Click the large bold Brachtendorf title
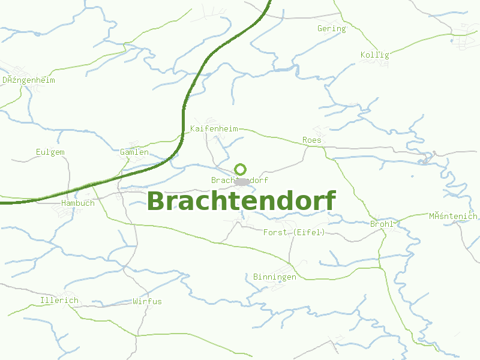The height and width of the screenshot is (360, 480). [x=241, y=202]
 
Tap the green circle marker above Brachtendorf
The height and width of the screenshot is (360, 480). [x=241, y=169]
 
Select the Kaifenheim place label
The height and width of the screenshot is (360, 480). [x=214, y=129]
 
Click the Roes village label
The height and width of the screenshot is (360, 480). [x=312, y=140]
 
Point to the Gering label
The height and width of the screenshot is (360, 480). [x=332, y=28]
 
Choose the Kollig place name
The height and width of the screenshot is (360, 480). [x=375, y=55]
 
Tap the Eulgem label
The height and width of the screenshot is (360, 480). [x=50, y=152]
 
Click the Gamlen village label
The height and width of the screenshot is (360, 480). [x=134, y=152]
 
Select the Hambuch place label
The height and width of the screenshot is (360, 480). [x=78, y=203]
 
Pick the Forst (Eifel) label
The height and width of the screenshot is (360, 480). [x=294, y=232]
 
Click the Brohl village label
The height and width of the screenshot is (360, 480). [x=382, y=224]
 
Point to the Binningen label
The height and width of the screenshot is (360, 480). [x=275, y=277]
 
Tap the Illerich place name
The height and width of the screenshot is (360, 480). [x=59, y=300]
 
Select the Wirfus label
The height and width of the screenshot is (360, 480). [x=147, y=301]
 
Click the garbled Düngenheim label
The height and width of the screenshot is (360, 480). [x=29, y=80]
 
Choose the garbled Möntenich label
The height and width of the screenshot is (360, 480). [x=453, y=216]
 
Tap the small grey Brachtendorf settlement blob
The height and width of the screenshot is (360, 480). [x=242, y=181]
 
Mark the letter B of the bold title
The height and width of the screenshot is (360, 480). [x=157, y=202]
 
